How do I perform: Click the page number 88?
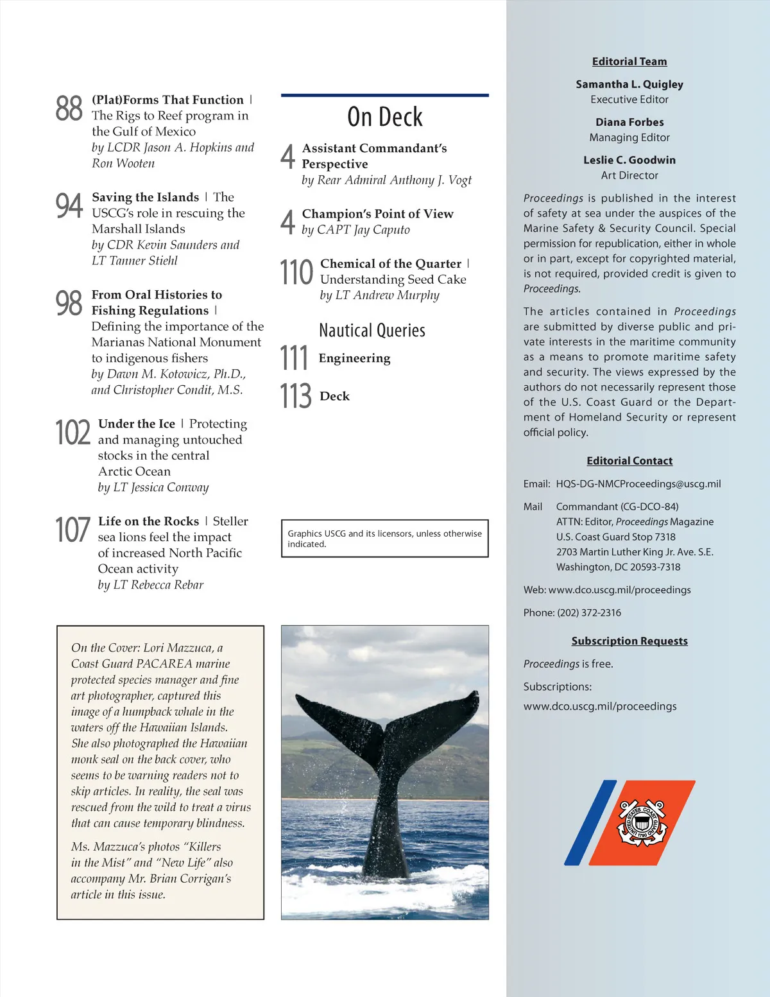(69, 108)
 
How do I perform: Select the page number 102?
(73, 432)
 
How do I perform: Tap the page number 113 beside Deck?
(295, 396)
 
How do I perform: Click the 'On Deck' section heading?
(385, 117)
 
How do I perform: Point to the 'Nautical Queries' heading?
(372, 331)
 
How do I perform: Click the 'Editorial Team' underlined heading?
(629, 62)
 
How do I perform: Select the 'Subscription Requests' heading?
(629, 641)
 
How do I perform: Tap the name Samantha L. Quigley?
(629, 84)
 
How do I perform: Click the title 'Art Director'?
(629, 175)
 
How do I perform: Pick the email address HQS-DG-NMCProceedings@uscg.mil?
(638, 484)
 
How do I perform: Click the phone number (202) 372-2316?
(590, 612)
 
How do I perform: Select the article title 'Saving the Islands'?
(146, 197)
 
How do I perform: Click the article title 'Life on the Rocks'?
(149, 521)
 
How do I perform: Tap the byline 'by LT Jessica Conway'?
(153, 487)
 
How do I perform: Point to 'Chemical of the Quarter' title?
(391, 264)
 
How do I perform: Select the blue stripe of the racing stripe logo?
(590, 822)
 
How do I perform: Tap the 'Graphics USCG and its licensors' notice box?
(384, 538)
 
